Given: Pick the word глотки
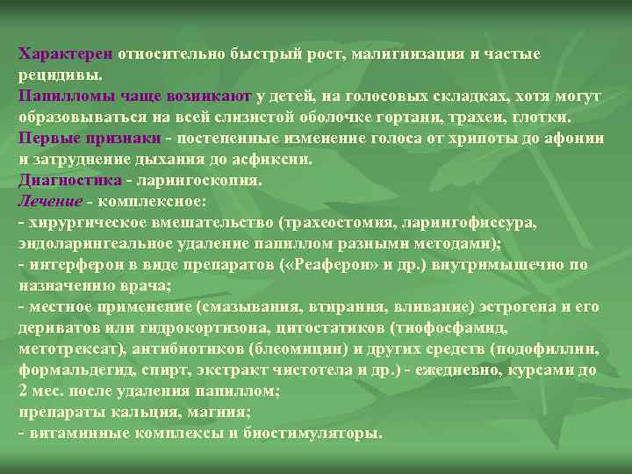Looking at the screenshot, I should [x=547, y=117].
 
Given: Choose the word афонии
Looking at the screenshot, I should [x=576, y=138].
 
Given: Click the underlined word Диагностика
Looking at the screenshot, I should [x=69, y=180].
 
